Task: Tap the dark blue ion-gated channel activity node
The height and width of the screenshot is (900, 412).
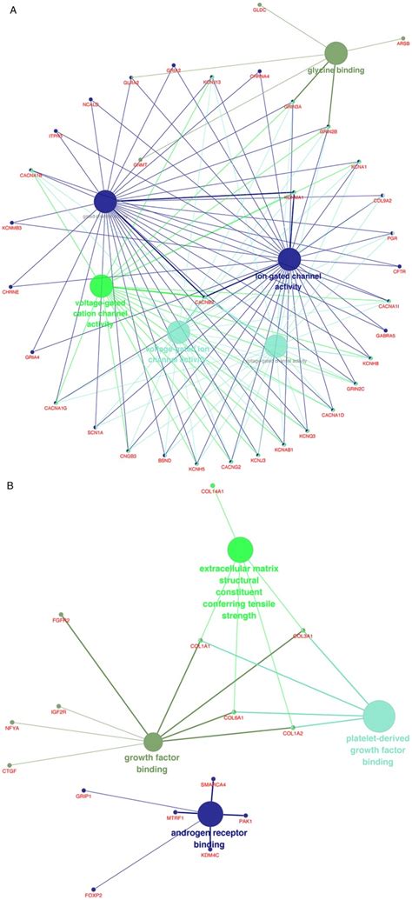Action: point(289,257)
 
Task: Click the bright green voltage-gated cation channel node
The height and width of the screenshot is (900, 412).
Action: point(102,284)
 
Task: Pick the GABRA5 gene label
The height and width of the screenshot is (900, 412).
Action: point(384,335)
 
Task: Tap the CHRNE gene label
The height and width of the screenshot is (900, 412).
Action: point(10,292)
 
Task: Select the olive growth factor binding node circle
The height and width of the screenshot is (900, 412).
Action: point(153,741)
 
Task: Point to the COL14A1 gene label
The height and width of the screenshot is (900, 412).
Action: point(212,491)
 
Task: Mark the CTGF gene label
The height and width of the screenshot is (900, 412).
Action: point(10,770)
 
